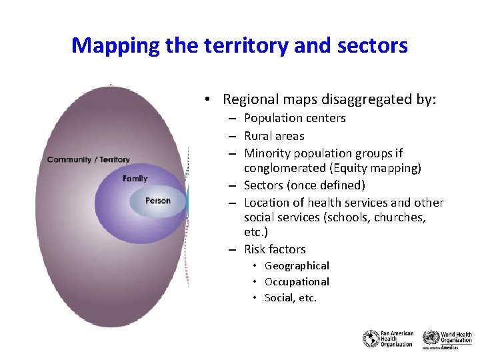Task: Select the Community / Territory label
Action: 89,159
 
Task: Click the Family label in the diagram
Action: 135,179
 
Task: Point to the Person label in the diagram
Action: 157,201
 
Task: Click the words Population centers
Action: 295,118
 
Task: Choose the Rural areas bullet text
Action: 274,136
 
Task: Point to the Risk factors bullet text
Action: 275,249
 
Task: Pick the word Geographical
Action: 297,266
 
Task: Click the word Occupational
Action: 297,281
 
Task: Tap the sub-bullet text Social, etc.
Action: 291,298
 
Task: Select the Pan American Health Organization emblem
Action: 371,339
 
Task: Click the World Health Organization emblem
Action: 431,337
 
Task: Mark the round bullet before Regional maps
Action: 209,100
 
